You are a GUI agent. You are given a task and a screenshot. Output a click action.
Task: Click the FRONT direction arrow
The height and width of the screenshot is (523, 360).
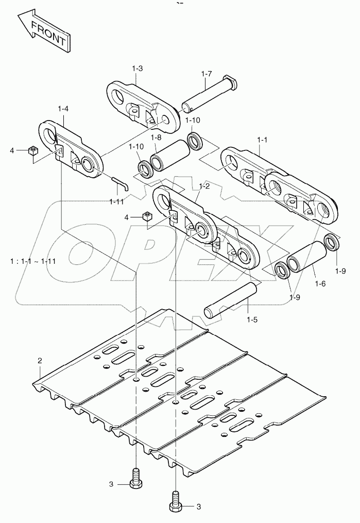point(43,31)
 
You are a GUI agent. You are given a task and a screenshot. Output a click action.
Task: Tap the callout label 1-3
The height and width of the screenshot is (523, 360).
point(138,69)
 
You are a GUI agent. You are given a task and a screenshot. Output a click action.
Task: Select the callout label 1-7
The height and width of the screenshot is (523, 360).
point(206,74)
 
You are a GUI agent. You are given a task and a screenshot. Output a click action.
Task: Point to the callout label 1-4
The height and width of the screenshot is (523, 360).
point(63,109)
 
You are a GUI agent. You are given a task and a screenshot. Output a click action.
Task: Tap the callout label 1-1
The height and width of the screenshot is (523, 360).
point(262,139)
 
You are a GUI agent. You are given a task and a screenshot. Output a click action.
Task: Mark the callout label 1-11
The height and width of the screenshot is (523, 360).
point(116,201)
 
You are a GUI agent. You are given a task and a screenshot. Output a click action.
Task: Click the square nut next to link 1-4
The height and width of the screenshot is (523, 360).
point(33,150)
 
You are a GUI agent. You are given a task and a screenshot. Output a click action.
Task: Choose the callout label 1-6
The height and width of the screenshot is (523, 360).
point(320,284)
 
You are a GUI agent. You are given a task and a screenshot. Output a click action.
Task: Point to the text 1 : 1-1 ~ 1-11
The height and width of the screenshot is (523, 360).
point(33,261)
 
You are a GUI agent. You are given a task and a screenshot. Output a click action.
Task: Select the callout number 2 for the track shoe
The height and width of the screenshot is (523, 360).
point(40,361)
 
